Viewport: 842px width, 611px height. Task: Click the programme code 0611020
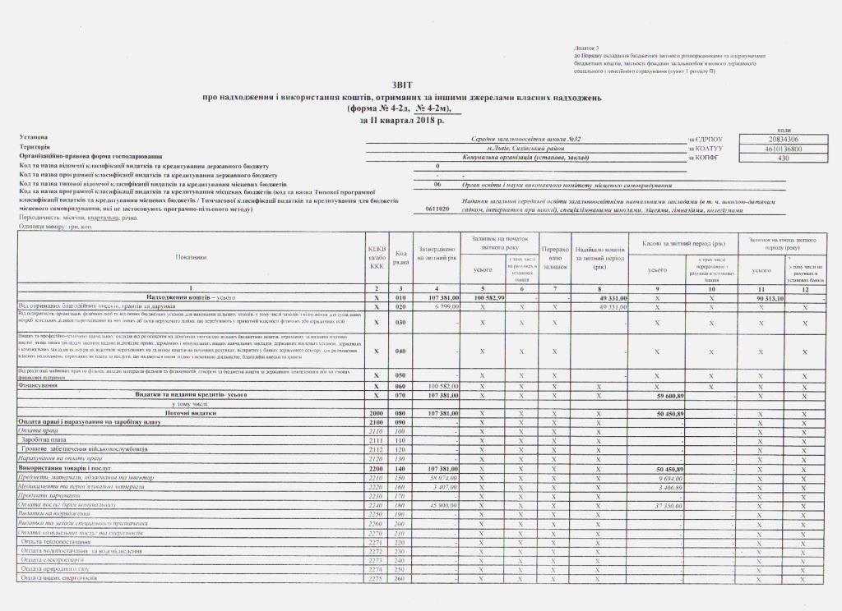pyautogui.click(x=437, y=210)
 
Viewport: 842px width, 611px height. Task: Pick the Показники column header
pyautogui.click(x=192, y=257)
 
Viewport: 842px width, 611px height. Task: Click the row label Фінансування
pyautogui.click(x=36, y=384)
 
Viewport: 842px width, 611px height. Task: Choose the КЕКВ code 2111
pyautogui.click(x=377, y=439)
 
